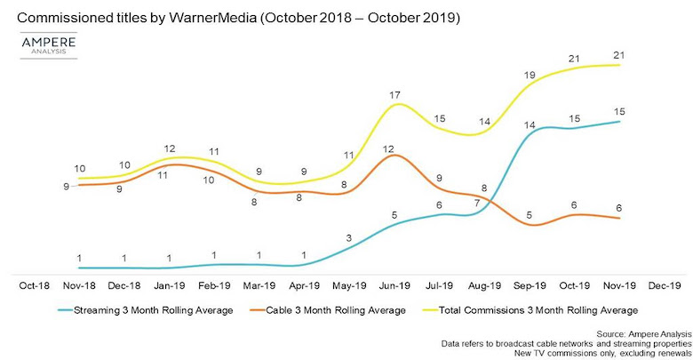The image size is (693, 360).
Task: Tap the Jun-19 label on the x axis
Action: pyautogui.click(x=394, y=285)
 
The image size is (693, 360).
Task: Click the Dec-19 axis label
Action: pyautogui.click(x=665, y=285)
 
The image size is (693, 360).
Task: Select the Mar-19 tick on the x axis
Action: pyautogui.click(x=259, y=285)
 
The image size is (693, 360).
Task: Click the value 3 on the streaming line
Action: pyautogui.click(x=348, y=237)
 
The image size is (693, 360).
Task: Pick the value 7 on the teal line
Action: pyautogui.click(x=476, y=203)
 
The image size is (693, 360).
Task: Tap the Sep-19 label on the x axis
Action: pyautogui.click(x=530, y=285)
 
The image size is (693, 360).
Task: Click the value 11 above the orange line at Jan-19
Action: pyautogui.click(x=163, y=176)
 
